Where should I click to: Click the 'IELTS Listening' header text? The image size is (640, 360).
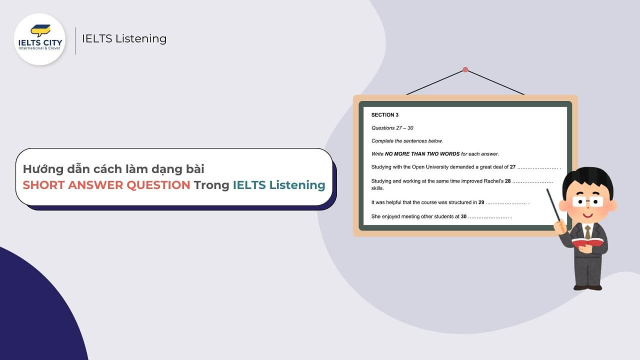tap(124, 38)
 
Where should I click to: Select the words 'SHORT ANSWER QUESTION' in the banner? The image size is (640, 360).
tap(106, 185)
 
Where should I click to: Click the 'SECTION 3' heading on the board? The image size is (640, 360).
tap(385, 115)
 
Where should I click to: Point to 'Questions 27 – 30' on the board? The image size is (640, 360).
tap(392, 128)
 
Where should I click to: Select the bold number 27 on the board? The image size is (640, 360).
tap(512, 167)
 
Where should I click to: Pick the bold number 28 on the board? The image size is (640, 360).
tap(507, 181)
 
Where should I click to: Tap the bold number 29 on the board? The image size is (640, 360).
tap(481, 202)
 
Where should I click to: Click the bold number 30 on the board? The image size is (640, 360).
tap(463, 216)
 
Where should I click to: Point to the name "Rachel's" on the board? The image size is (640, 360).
tap(492, 181)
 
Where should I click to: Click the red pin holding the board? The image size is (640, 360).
tap(465, 69)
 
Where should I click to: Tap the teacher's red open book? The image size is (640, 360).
tap(588, 243)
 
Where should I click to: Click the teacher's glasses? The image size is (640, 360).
tap(588, 201)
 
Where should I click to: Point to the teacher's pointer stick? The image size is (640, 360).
tap(555, 204)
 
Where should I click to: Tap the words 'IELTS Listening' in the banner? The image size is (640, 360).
tap(279, 185)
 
